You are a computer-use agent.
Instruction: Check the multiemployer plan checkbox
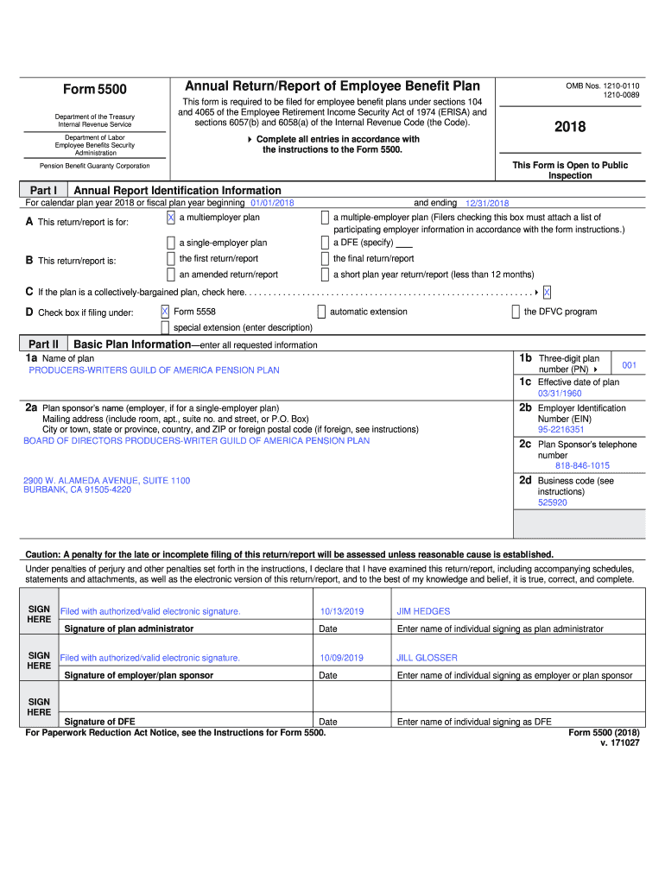(x=171, y=218)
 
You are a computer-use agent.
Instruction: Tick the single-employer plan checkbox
(x=171, y=243)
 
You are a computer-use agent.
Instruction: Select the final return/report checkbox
(x=325, y=259)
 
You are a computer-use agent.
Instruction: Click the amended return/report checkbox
(x=171, y=275)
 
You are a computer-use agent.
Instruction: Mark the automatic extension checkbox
(x=321, y=312)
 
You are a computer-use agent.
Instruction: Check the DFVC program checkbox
(x=516, y=312)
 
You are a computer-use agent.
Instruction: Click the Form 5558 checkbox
(x=165, y=312)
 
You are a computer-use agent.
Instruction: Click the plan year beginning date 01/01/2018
(x=272, y=203)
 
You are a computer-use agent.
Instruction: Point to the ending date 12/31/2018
(x=487, y=203)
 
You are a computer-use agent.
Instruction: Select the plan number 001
(x=629, y=365)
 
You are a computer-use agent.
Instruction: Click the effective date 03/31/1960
(x=560, y=394)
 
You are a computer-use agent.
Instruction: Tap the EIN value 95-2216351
(x=560, y=429)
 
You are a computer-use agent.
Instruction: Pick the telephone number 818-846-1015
(x=582, y=466)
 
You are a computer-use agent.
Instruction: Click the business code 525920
(x=552, y=502)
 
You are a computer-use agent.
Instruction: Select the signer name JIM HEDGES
(x=423, y=611)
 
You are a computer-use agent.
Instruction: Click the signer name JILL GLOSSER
(x=427, y=658)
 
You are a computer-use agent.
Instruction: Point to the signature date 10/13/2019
(x=341, y=611)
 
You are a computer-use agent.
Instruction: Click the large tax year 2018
(x=569, y=127)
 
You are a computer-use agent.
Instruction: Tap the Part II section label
(x=43, y=344)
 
